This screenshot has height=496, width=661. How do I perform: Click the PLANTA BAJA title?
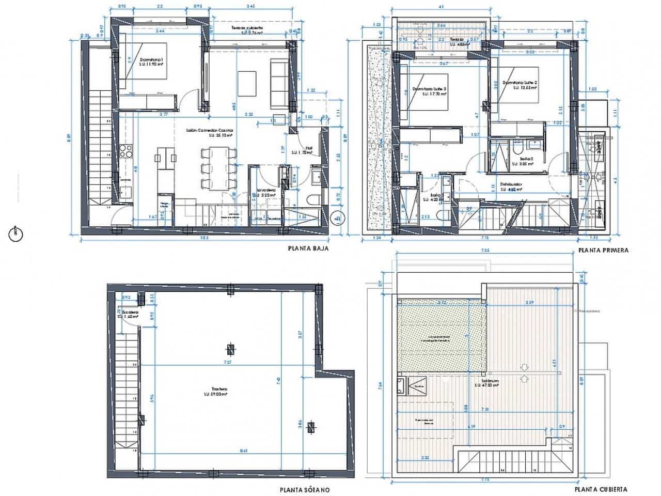click(x=308, y=248)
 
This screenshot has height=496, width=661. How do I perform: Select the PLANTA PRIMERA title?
click(x=603, y=250)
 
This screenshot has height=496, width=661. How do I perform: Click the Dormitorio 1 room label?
click(x=151, y=61)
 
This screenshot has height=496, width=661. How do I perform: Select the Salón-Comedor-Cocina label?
click(x=210, y=133)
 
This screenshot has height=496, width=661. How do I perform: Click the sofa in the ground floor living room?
click(x=280, y=83)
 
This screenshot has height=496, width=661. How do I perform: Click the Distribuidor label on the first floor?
click(x=511, y=186)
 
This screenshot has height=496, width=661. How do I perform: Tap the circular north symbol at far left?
click(x=16, y=234)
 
